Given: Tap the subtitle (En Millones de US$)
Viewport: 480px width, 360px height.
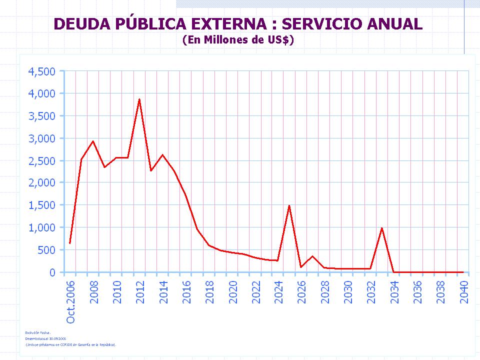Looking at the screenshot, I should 238,40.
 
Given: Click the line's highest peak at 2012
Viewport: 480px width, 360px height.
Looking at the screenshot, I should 139,99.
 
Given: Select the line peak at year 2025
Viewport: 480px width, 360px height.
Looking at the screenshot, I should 289,205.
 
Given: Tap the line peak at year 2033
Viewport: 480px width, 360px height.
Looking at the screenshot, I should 381,228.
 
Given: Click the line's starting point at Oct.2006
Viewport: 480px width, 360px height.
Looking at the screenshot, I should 70,243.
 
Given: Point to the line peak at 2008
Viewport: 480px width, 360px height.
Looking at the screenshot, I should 93,141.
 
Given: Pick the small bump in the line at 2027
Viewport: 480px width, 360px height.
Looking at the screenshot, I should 312,256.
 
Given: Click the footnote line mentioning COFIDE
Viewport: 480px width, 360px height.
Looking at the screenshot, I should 70,344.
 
